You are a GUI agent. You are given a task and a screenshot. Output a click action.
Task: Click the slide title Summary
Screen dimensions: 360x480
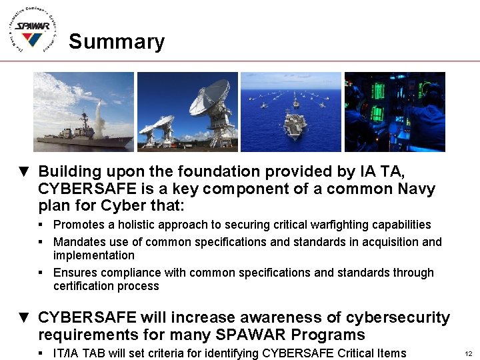coord(117,41)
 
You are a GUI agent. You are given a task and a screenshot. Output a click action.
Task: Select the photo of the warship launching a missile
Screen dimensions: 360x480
coord(83,112)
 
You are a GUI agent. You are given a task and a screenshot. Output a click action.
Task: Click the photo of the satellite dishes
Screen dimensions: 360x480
coord(187,112)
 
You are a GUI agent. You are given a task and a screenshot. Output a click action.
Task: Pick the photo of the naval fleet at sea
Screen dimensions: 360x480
coord(291,112)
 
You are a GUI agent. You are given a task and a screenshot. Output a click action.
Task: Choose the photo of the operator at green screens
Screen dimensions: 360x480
coord(395,112)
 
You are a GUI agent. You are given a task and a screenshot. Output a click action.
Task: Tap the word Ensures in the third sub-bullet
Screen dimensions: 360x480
coord(75,273)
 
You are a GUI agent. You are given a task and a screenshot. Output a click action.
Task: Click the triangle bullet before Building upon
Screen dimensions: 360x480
coord(23,173)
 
